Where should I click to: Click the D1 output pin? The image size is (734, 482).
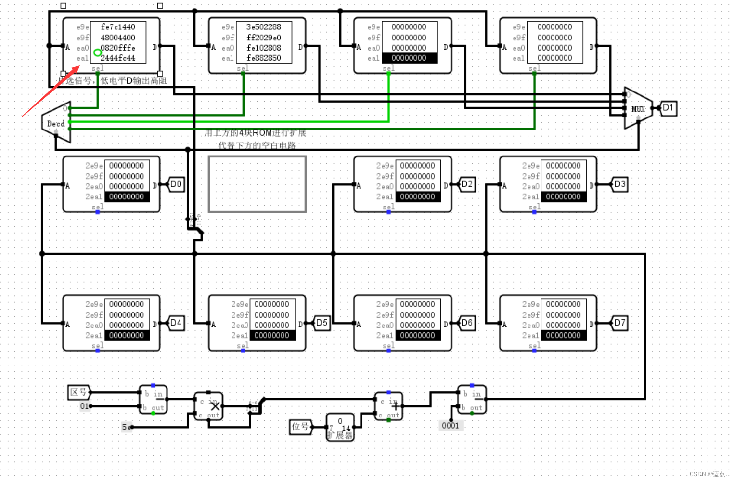[668, 108]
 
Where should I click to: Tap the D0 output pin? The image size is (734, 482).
[176, 184]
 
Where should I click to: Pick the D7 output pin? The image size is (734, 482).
[619, 323]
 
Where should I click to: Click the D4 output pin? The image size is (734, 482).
[176, 323]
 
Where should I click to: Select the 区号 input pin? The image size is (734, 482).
[79, 392]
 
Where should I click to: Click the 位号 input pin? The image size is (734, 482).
[300, 427]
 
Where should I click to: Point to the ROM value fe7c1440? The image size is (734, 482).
[118, 27]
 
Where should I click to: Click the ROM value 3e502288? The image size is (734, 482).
[264, 27]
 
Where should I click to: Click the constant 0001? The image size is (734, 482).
[451, 425]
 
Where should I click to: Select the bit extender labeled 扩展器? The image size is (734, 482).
[340, 427]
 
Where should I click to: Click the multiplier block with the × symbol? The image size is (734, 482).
[208, 406]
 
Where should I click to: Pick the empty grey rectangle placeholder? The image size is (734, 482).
[257, 184]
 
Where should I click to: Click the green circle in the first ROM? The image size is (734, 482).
[97, 52]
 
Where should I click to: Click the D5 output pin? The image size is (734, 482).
[322, 323]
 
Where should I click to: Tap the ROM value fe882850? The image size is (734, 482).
[264, 58]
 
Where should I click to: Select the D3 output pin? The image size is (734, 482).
[619, 184]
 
